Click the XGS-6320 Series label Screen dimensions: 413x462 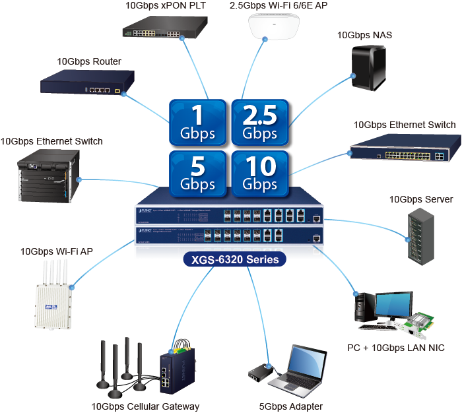(x=235, y=260)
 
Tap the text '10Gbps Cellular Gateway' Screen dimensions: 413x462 (x=145, y=406)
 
